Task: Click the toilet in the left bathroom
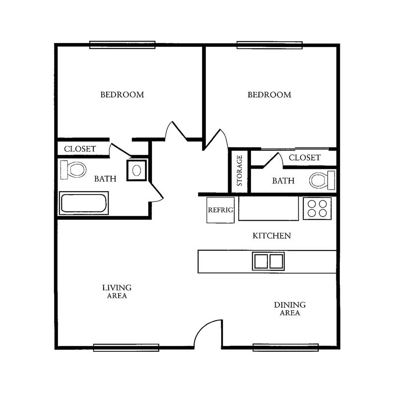73,170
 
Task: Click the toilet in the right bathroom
322,180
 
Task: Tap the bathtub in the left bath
84,203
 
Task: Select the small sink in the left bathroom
137,170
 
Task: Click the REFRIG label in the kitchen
220,210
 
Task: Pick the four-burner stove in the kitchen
317,208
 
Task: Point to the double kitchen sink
268,261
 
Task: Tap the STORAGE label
240,170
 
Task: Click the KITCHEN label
271,236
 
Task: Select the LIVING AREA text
117,292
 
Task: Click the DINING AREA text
290,309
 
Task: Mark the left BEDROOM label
122,95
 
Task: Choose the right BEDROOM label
269,95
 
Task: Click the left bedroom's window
122,45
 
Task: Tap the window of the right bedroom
269,45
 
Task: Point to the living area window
126,348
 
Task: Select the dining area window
286,347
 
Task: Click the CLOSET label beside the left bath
80,149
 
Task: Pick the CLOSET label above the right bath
305,158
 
